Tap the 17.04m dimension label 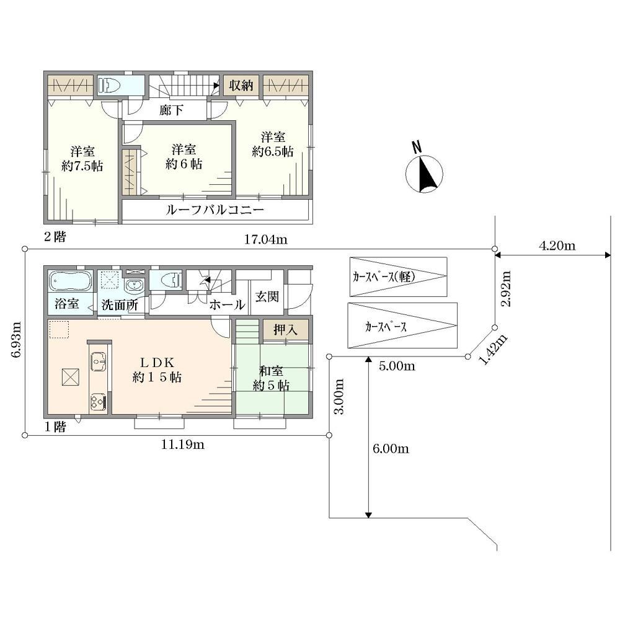point(265,239)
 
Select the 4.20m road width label point(557,246)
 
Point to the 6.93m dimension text point(16,340)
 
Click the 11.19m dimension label point(183,445)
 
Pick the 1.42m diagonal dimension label point(493,349)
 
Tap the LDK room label point(157,370)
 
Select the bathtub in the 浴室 point(71,281)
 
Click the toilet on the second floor point(108,85)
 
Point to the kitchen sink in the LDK point(99,361)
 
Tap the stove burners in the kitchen point(99,401)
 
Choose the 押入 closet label point(285,330)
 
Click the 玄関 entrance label point(267,296)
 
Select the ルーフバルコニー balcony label point(215,210)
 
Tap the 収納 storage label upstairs point(241,85)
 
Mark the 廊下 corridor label point(171,110)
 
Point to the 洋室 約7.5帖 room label point(82,159)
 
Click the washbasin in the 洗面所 point(135,285)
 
